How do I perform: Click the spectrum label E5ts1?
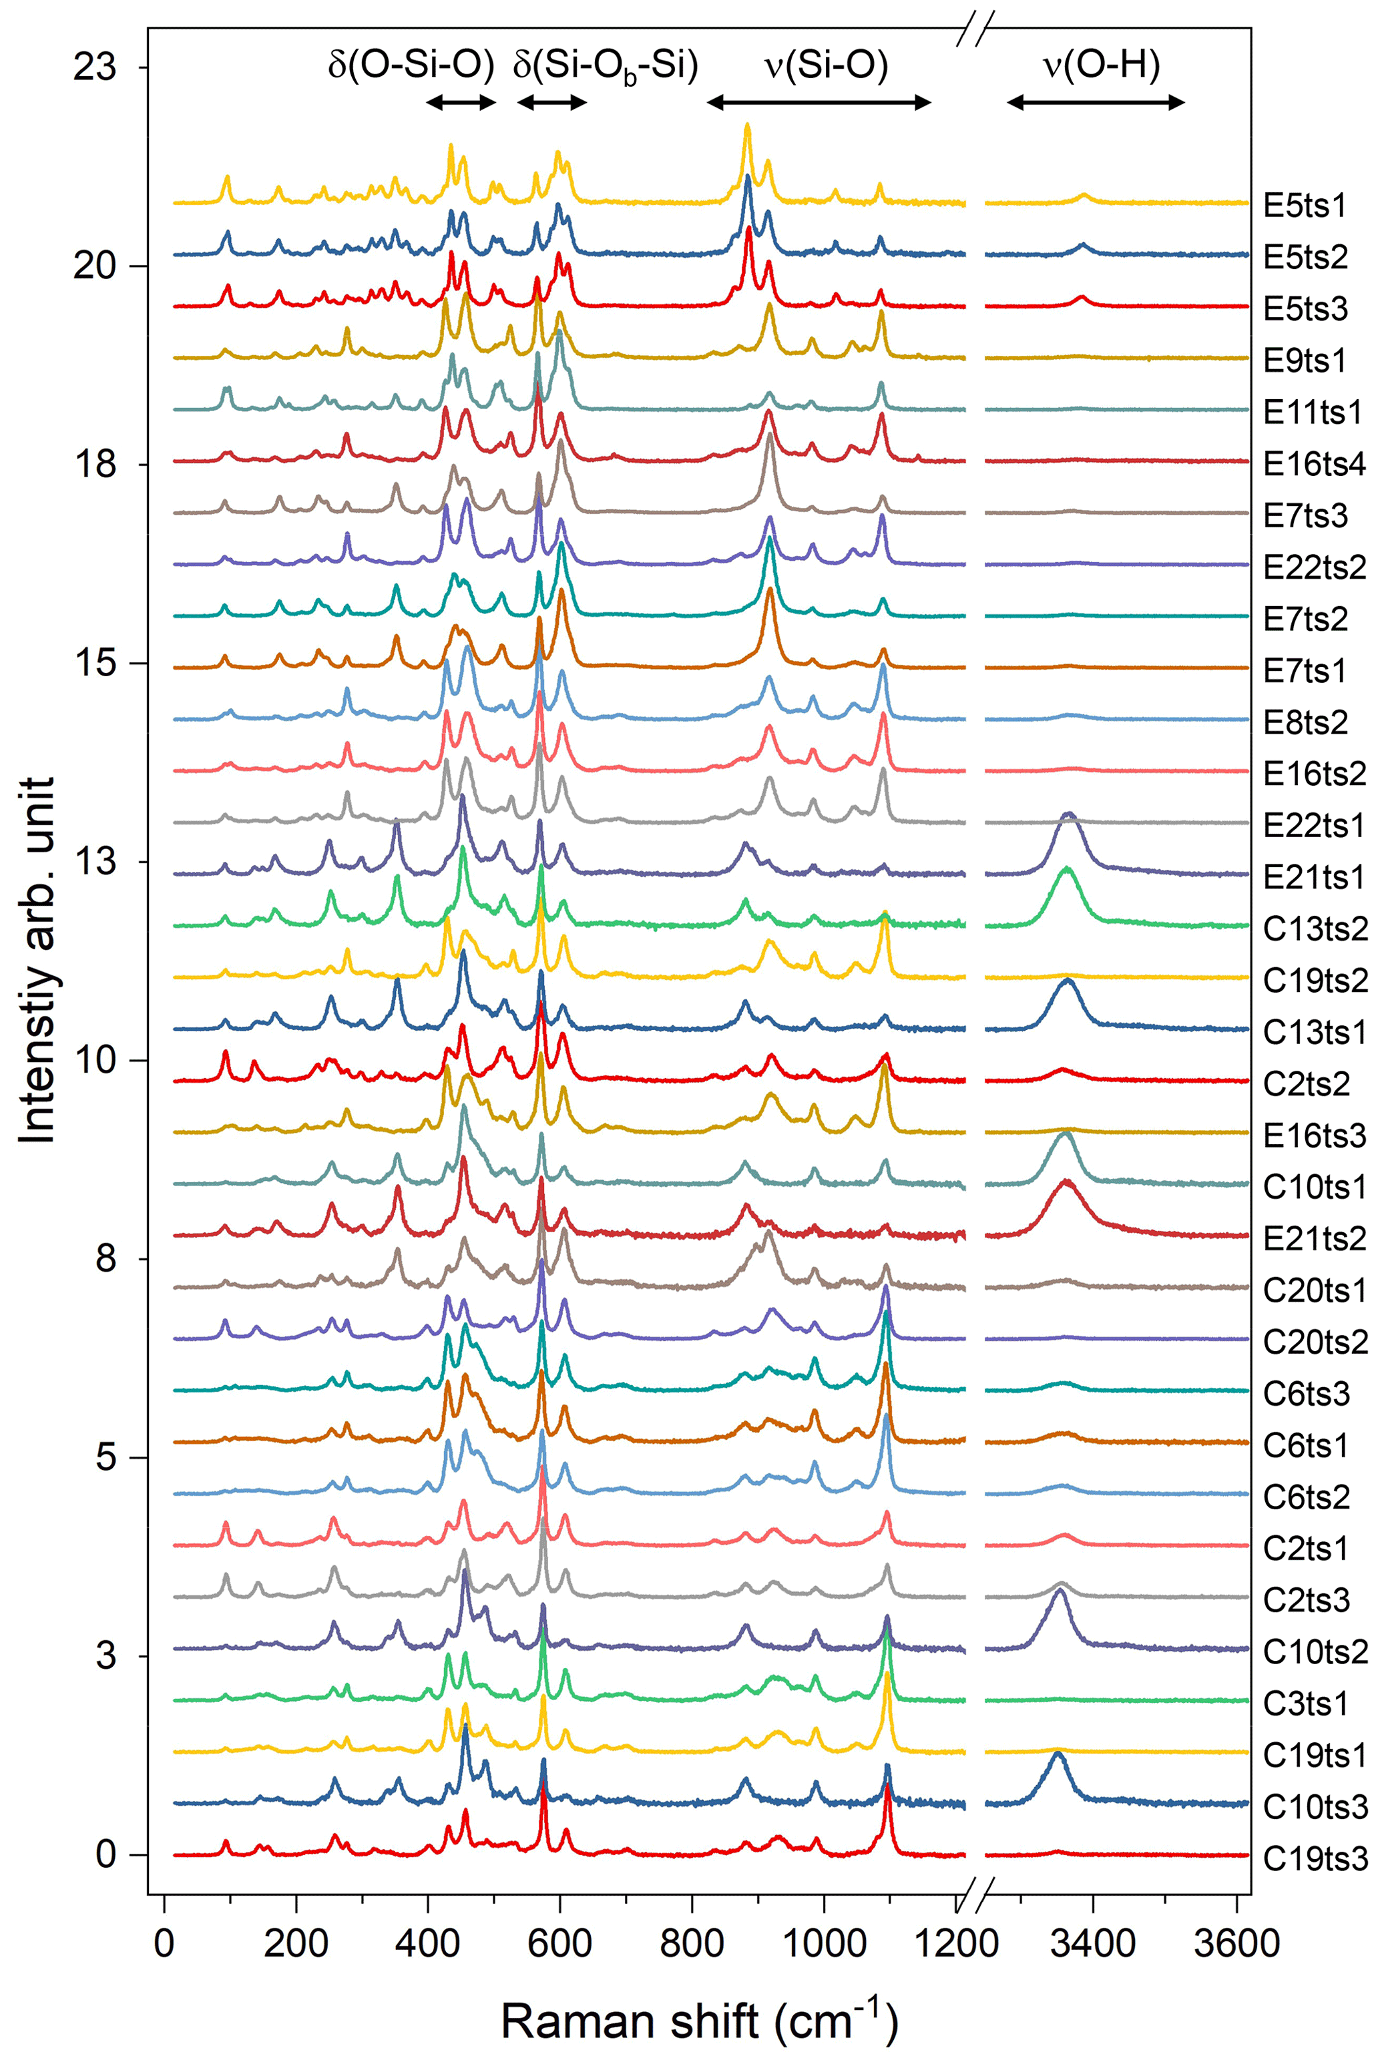click(1305, 206)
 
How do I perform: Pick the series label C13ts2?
click(1315, 929)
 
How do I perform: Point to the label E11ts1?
click(1312, 412)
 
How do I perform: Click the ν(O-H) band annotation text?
click(1100, 65)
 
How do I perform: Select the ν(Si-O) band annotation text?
click(827, 65)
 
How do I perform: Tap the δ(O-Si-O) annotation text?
click(411, 65)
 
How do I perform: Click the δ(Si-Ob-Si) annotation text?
click(606, 65)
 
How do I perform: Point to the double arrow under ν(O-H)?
click(1096, 103)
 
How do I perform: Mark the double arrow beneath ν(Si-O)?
click(819, 103)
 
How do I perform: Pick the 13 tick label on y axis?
click(94, 862)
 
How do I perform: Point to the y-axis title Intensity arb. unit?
click(37, 959)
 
